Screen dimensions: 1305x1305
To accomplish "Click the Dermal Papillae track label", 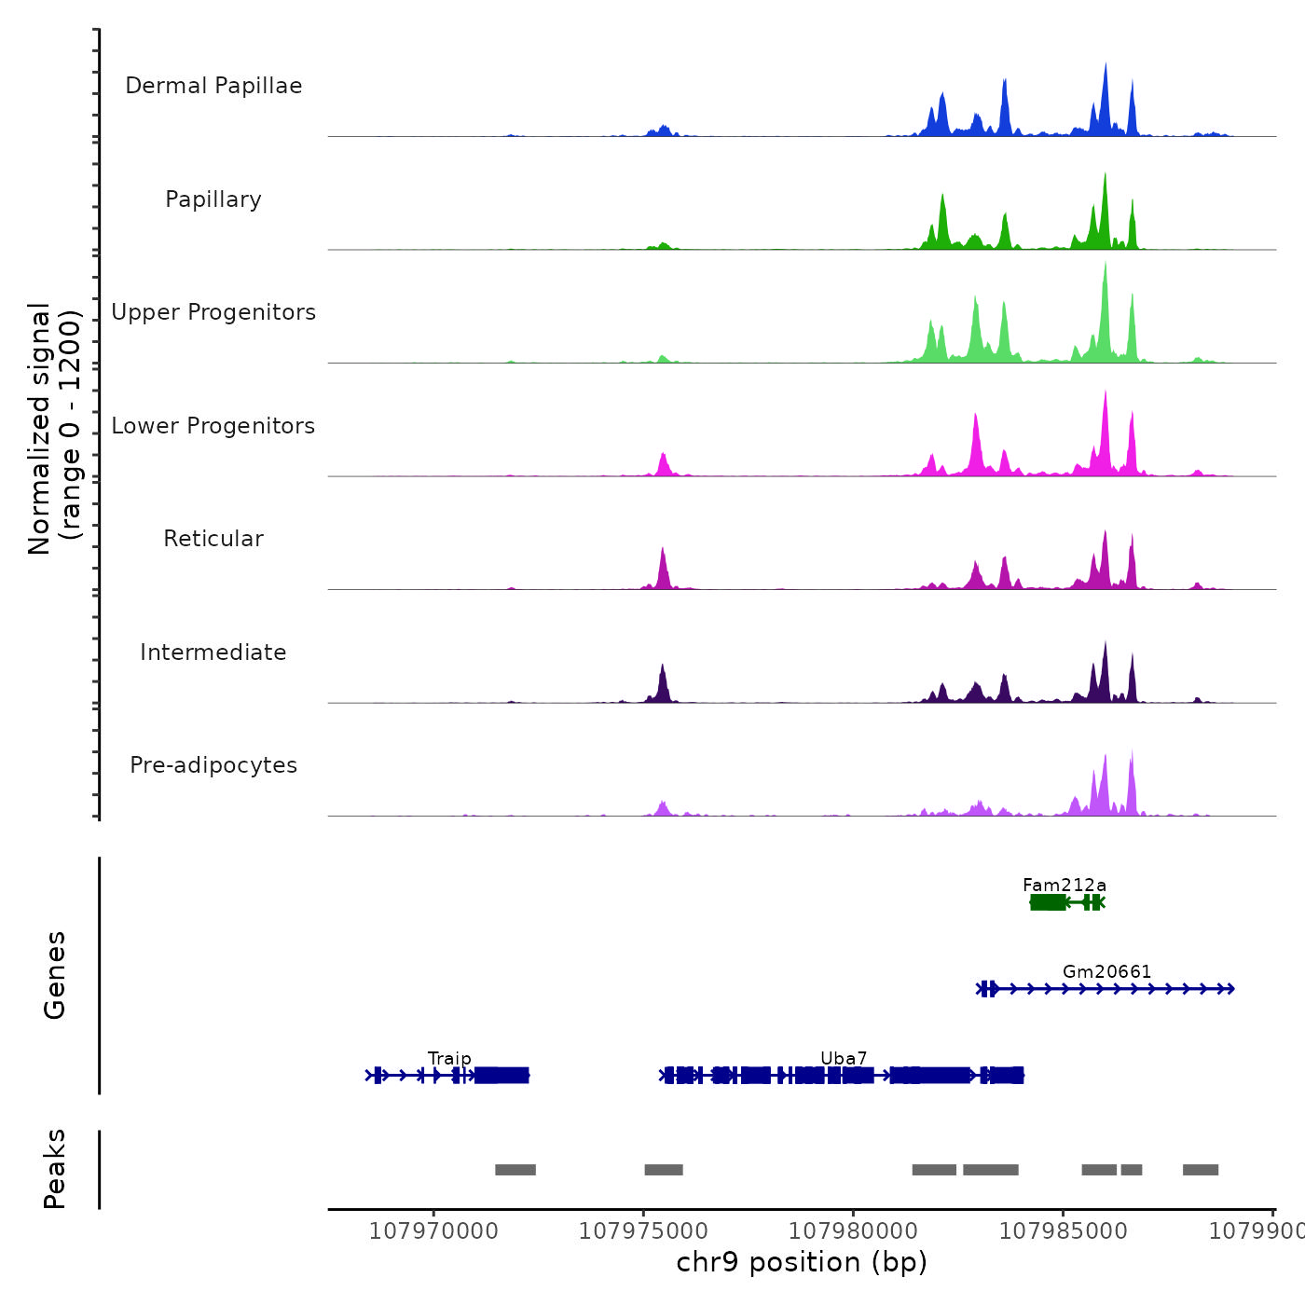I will [213, 86].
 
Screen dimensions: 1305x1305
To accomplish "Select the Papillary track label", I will [213, 199].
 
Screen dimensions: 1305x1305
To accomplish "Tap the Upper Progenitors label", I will [213, 312].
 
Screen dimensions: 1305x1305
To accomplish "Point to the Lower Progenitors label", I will [213, 426].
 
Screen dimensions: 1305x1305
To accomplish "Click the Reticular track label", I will [213, 539].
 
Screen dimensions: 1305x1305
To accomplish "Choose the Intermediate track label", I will [213, 652].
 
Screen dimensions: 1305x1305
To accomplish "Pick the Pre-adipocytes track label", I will [213, 765].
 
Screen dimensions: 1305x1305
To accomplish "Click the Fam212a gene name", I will [1065, 885].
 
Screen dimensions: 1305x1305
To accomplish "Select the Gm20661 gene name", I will [1106, 971].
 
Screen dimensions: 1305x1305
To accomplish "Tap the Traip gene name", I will [449, 1058].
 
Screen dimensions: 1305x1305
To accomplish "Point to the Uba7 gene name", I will [844, 1058].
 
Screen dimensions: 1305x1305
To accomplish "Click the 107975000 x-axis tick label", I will [643, 1231].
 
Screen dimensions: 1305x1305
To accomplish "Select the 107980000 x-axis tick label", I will [853, 1231].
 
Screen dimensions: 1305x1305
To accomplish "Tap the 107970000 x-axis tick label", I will [433, 1231].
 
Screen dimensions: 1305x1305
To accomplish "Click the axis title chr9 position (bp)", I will [802, 1262].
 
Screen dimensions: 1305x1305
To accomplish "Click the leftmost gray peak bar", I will [515, 1170].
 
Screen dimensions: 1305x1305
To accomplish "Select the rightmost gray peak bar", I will [1201, 1170].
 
